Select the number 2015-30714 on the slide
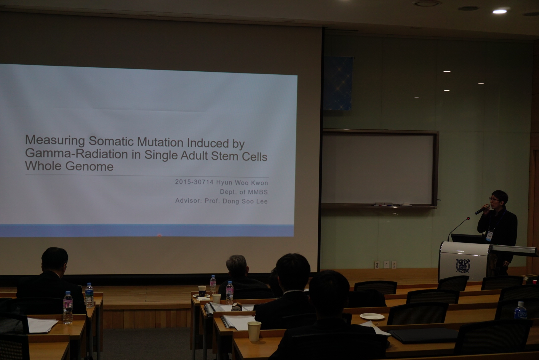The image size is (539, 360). pyautogui.click(x=194, y=182)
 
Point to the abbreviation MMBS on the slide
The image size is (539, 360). pyautogui.click(x=258, y=192)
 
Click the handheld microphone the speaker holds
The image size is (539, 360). pyautogui.click(x=482, y=209)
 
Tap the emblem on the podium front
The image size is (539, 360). pyautogui.click(x=463, y=265)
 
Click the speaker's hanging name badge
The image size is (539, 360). pyautogui.click(x=489, y=236)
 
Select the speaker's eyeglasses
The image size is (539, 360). pyautogui.click(x=494, y=199)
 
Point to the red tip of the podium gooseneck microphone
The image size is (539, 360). pyautogui.click(x=468, y=218)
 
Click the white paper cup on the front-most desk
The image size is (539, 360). pyautogui.click(x=254, y=331)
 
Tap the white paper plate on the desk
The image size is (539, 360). pyautogui.click(x=372, y=316)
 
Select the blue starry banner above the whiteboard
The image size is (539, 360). pyautogui.click(x=338, y=83)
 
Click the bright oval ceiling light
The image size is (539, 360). pyautogui.click(x=500, y=12)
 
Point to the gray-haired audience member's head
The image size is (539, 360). pyautogui.click(x=237, y=266)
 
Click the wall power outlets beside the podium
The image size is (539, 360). pyautogui.click(x=385, y=265)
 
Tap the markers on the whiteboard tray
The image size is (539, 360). pyautogui.click(x=383, y=204)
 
